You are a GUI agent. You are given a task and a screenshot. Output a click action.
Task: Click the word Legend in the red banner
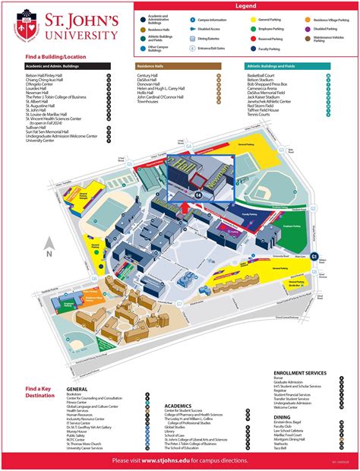tap(245, 5)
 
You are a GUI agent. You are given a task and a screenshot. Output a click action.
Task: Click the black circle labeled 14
tap(199, 195)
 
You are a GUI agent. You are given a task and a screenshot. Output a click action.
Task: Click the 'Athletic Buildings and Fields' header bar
tap(287, 66)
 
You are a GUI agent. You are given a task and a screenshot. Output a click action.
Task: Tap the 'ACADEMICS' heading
tap(179, 406)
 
